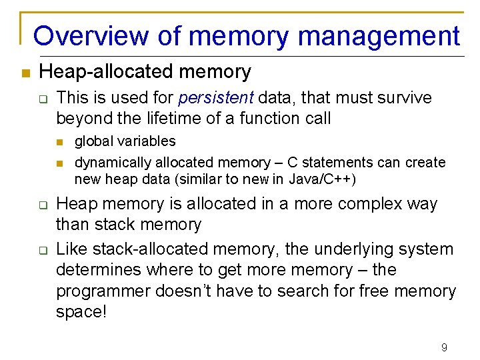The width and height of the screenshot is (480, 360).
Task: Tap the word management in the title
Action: pos(379,35)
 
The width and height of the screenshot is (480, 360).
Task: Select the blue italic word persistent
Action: pos(216,98)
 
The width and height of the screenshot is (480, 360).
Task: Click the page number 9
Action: pos(444,347)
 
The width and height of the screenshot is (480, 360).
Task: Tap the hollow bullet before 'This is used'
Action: pos(43,99)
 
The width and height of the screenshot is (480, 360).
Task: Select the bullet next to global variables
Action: pos(60,142)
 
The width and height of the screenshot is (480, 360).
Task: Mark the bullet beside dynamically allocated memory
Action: pos(60,163)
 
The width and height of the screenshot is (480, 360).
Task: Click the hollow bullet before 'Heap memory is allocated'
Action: pos(43,205)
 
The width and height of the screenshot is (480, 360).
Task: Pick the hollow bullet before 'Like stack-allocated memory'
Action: pos(43,251)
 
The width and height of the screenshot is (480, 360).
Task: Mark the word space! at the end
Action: pos(81,312)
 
